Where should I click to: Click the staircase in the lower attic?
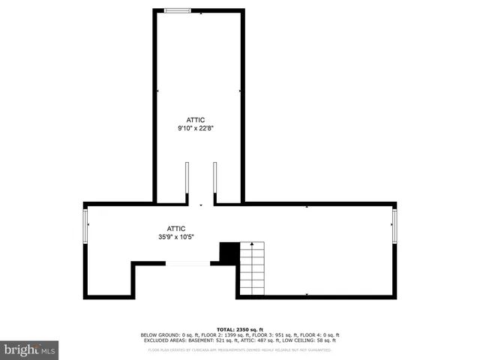pyautogui.click(x=253, y=270)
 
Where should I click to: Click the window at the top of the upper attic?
pyautogui.click(x=177, y=10)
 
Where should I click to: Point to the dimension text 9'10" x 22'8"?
pyautogui.click(x=196, y=127)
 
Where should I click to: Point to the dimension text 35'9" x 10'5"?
pyautogui.click(x=176, y=237)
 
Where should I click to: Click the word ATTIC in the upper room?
pyautogui.click(x=196, y=119)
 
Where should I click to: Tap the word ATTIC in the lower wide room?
pyautogui.click(x=176, y=229)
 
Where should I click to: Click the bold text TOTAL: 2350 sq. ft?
pyautogui.click(x=239, y=330)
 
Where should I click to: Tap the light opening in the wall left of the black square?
pyautogui.click(x=187, y=262)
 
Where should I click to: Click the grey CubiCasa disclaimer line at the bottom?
pyautogui.click(x=239, y=349)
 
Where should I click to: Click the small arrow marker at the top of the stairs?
pyautogui.click(x=253, y=244)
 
